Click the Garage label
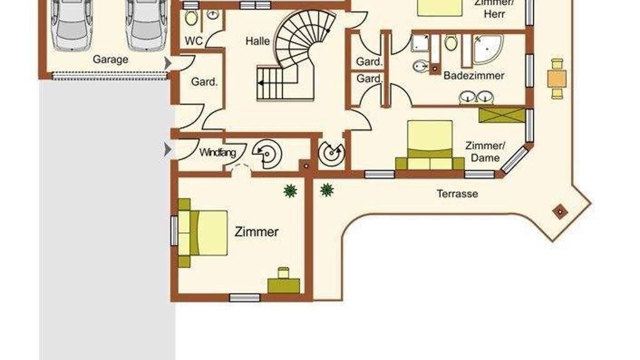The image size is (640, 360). point(110,59)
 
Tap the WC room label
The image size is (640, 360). point(194,41)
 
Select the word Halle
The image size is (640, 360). point(257,41)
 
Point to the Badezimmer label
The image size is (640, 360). point(474,76)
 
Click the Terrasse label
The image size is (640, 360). point(457,194)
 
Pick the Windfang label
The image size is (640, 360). point(217,152)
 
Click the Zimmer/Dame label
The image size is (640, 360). point(485,152)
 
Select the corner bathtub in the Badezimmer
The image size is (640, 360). point(487,49)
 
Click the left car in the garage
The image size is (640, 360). point(72,24)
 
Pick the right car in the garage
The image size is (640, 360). point(146,24)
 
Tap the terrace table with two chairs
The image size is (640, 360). point(557,79)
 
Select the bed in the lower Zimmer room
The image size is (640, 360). point(203,233)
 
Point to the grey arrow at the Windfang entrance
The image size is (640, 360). point(167,149)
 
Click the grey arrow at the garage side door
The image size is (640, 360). point(167,64)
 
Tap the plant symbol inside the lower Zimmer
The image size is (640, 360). point(290,191)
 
